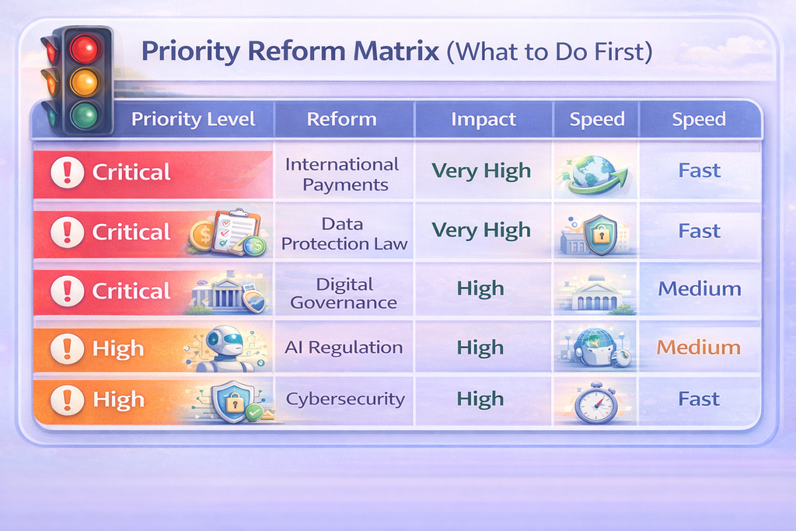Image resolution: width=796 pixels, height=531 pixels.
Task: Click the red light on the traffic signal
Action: [x=84, y=48]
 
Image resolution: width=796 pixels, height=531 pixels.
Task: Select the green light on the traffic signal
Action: [x=84, y=115]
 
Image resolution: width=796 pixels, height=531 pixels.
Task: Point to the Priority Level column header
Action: [x=193, y=119]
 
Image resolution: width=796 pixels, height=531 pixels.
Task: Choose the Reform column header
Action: [x=342, y=119]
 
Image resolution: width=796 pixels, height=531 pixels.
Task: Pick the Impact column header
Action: [x=484, y=119]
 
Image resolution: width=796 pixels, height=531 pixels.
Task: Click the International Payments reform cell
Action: [x=343, y=174]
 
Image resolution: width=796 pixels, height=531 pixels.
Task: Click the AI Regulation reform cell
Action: [x=344, y=348]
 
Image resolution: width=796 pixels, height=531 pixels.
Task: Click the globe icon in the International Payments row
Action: [x=594, y=174]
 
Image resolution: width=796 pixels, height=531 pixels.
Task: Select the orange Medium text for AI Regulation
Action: [x=699, y=348]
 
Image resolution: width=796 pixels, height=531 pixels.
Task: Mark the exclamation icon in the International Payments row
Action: [x=67, y=172]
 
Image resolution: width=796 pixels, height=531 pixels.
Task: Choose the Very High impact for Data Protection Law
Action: [x=481, y=230]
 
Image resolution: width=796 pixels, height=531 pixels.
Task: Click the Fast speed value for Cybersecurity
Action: [x=699, y=399]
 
